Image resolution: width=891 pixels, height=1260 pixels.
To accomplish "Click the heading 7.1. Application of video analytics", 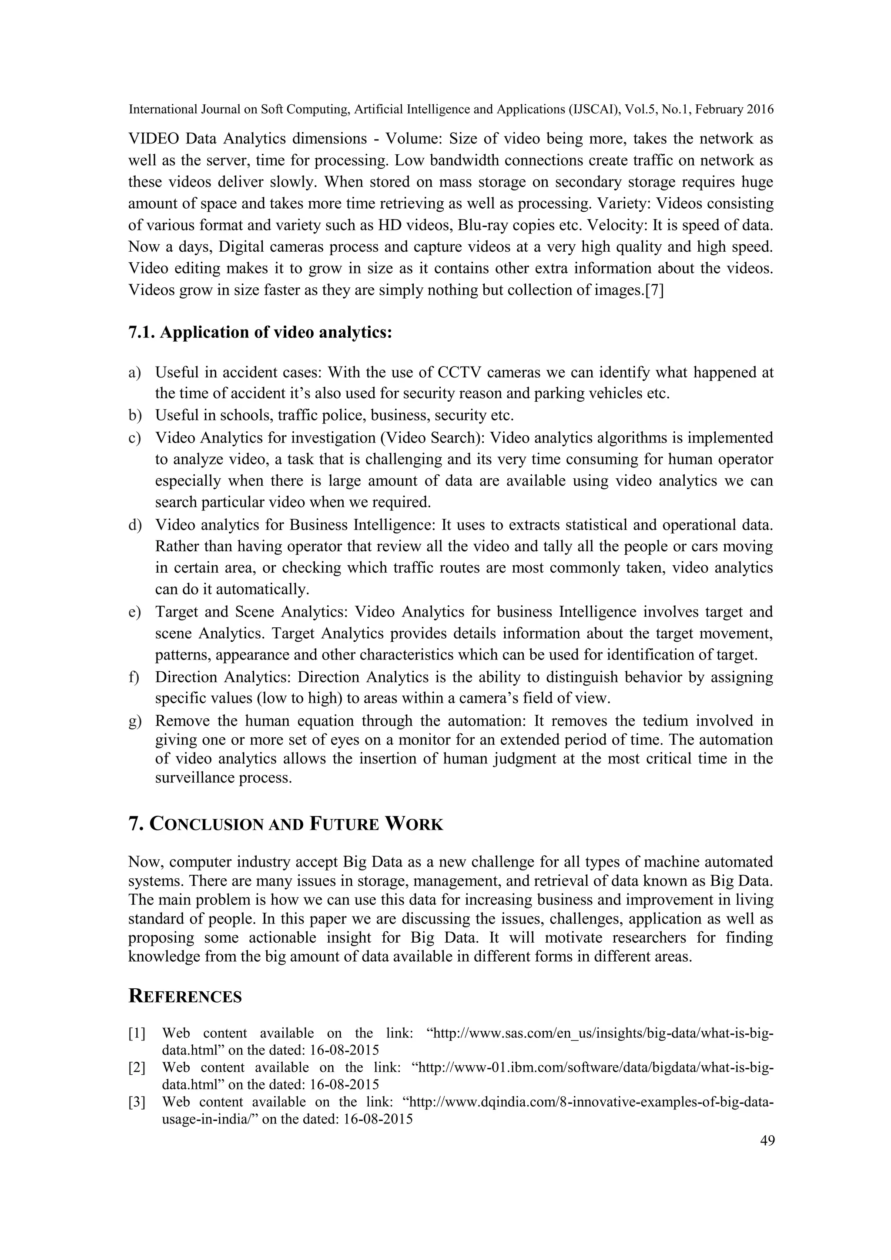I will click(x=260, y=333).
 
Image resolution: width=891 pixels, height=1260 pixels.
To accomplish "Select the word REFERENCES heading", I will click(x=185, y=997).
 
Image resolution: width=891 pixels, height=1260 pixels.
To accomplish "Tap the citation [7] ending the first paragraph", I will click(x=654, y=290).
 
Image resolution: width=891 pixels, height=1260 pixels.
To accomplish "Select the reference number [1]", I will click(x=137, y=1034).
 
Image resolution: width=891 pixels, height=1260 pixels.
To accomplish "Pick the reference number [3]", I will click(x=137, y=1102).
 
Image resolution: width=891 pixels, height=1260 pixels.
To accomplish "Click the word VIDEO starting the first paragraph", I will click(x=153, y=139).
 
